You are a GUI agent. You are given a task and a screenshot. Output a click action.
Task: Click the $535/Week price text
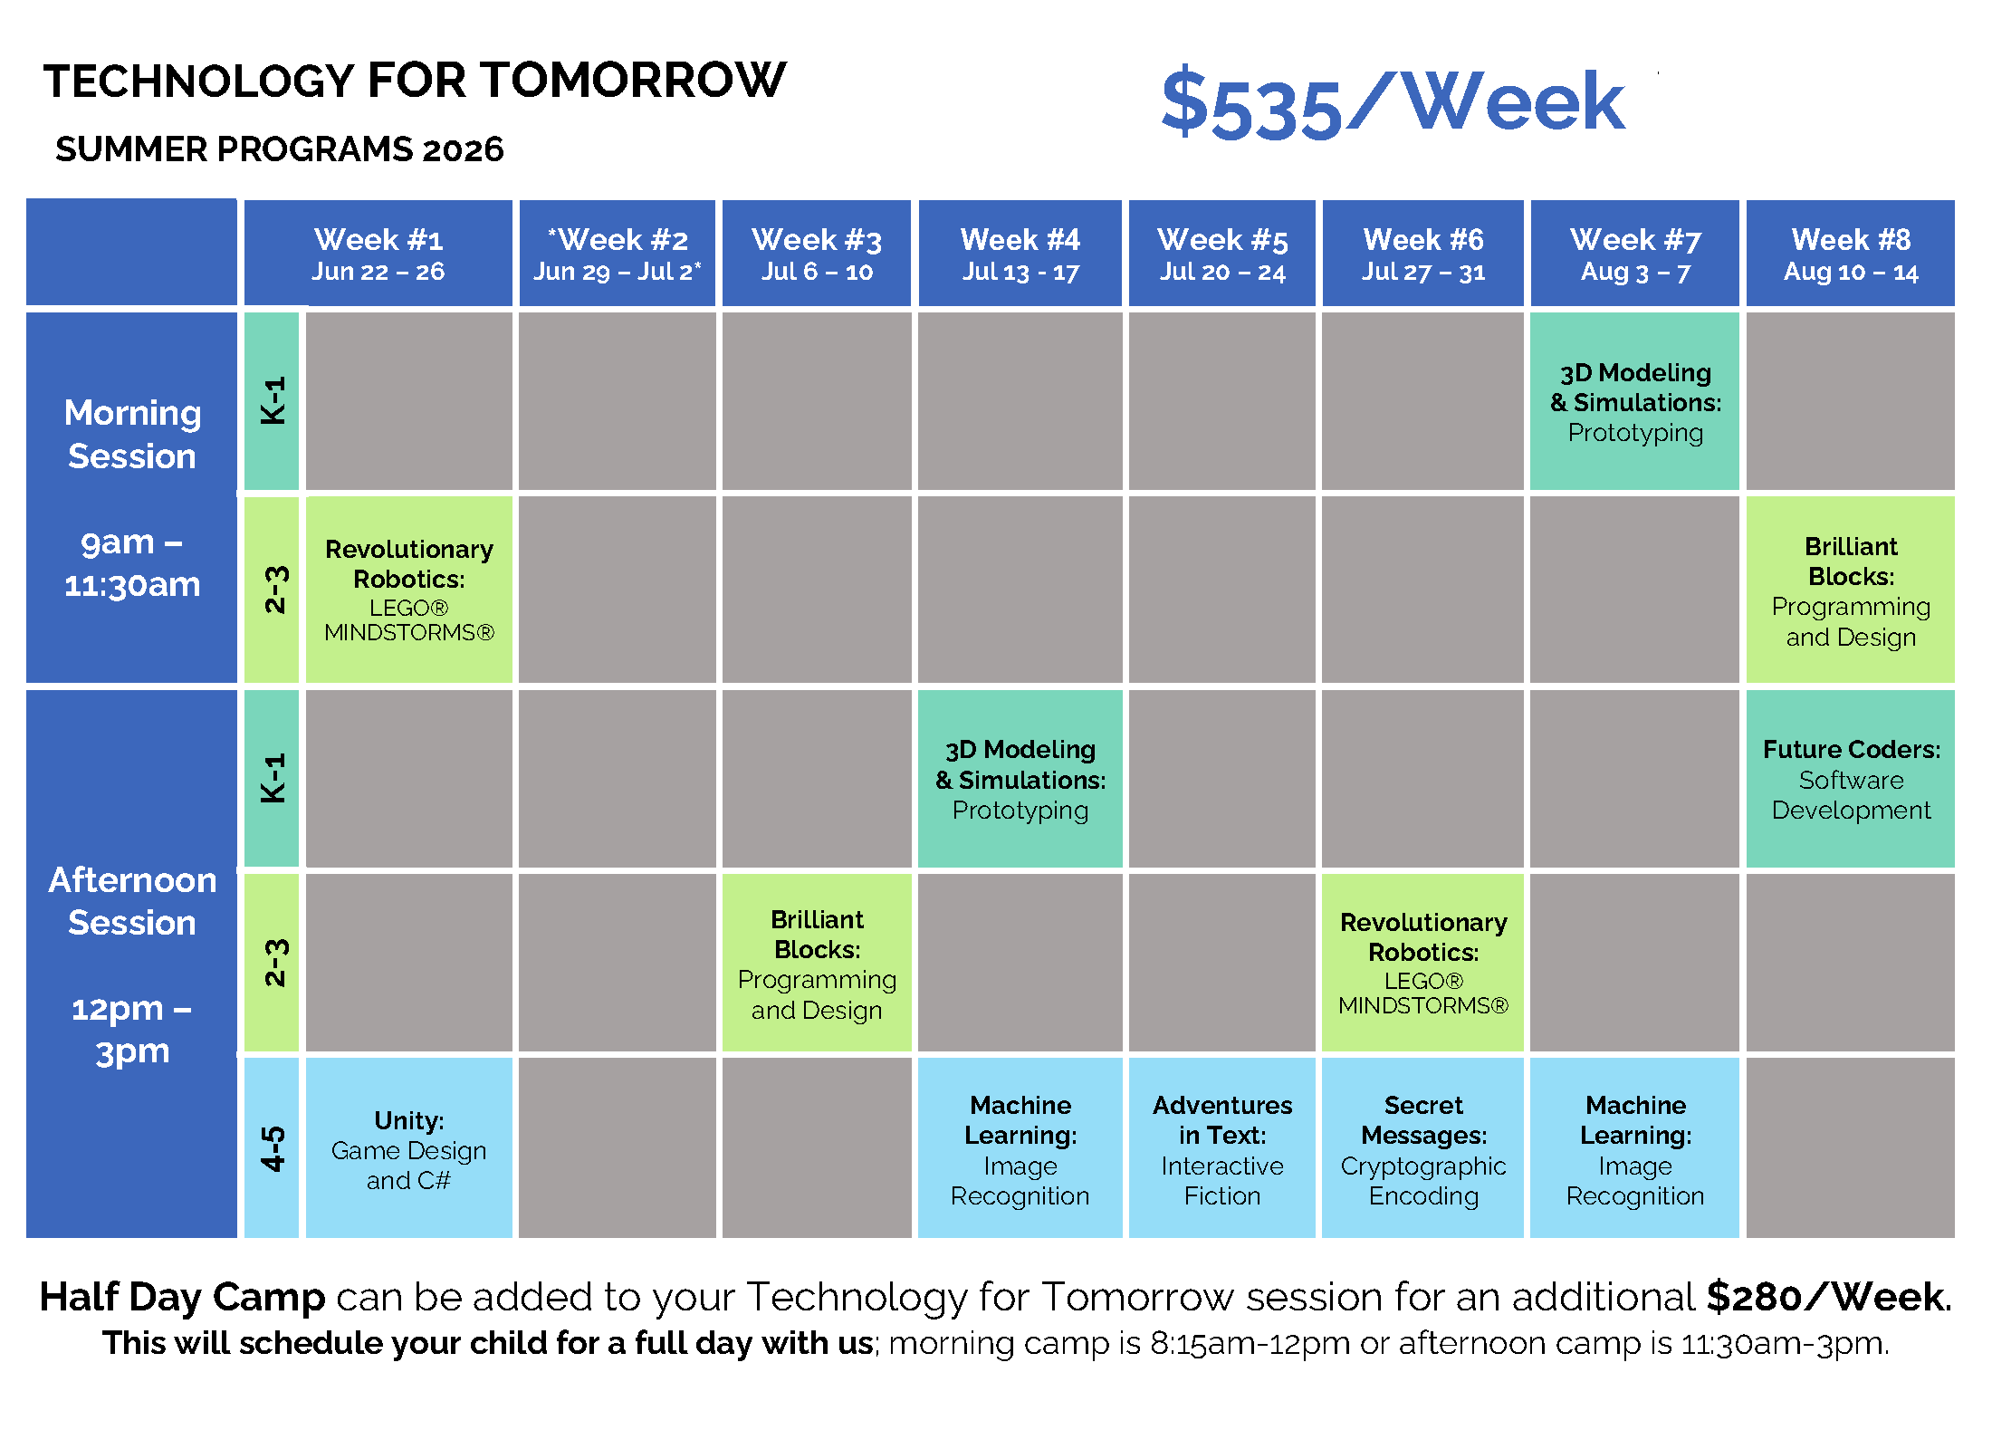click(1393, 104)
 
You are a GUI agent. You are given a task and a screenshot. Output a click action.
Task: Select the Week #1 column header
click(378, 254)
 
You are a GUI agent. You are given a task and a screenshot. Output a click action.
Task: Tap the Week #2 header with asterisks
click(618, 254)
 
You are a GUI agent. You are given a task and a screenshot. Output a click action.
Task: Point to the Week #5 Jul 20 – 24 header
click(1222, 254)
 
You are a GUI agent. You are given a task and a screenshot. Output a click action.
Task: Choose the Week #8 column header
click(1851, 254)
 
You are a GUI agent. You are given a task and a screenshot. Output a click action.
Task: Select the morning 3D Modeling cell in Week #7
click(1635, 401)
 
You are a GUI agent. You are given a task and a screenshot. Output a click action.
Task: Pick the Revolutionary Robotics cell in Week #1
click(409, 590)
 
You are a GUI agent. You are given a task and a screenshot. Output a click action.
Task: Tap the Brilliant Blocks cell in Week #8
click(1851, 590)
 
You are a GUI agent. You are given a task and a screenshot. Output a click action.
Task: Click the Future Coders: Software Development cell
click(1851, 779)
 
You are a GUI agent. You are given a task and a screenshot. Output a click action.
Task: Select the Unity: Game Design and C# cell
click(409, 1147)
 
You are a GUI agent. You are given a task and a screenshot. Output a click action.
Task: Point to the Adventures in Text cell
click(1222, 1147)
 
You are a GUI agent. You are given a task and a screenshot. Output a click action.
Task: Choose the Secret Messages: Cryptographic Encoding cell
click(1423, 1147)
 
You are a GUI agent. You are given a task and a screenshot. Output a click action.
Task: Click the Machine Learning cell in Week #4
click(1020, 1147)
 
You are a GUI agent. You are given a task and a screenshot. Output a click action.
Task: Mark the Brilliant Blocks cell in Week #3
click(817, 963)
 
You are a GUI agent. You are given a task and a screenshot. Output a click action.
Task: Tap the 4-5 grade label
click(272, 1147)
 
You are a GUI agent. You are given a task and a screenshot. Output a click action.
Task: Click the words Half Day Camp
click(182, 1297)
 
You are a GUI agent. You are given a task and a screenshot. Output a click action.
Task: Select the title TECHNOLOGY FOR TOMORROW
click(415, 80)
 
